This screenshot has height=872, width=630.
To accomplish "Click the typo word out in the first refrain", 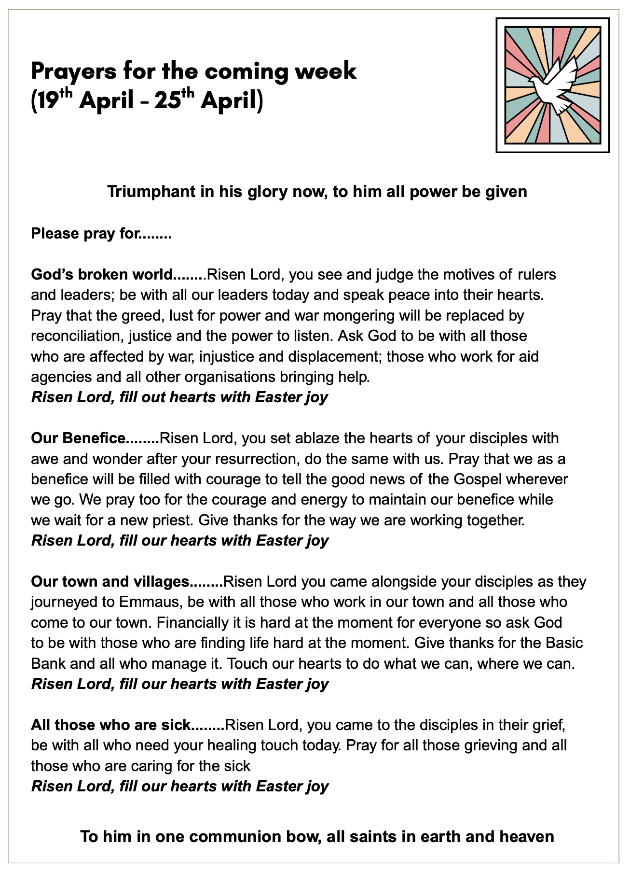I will tap(155, 397).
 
